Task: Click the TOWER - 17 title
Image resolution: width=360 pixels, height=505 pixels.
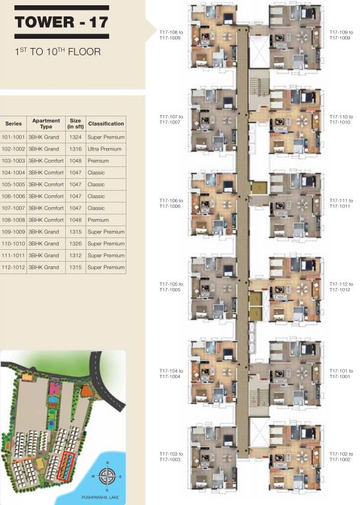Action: click(61, 22)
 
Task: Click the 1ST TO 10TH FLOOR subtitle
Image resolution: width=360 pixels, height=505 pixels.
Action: click(57, 51)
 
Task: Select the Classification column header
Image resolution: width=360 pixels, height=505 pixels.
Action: click(106, 124)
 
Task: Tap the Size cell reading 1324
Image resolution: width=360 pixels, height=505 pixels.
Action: click(76, 137)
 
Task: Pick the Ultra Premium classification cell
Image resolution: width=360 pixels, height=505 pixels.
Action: click(106, 149)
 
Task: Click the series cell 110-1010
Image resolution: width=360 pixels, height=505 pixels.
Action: click(13, 244)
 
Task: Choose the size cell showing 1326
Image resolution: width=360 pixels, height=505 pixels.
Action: click(76, 244)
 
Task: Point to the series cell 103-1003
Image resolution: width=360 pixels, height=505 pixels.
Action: click(13, 161)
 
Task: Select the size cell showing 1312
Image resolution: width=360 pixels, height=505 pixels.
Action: click(76, 256)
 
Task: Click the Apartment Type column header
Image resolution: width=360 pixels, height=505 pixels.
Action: click(45, 124)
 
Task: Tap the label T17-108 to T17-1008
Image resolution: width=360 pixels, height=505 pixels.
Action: click(170, 35)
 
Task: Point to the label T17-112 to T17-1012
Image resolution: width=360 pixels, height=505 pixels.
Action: click(341, 287)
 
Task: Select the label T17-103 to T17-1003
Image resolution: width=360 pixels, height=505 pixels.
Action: click(170, 456)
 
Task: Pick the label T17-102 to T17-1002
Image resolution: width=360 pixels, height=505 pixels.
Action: click(341, 456)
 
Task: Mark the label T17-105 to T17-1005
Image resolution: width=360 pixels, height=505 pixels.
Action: click(170, 287)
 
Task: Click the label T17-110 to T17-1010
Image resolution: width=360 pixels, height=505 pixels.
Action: click(341, 119)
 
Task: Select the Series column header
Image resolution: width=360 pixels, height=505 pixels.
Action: click(13, 124)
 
